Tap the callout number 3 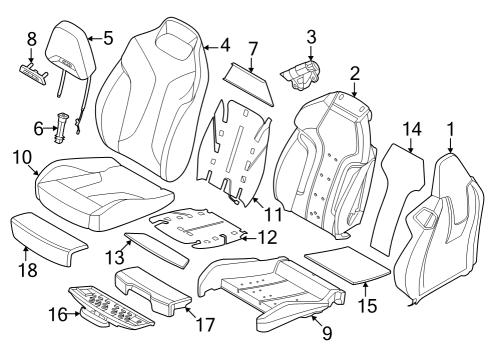311,38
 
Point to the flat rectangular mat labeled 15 345,263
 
